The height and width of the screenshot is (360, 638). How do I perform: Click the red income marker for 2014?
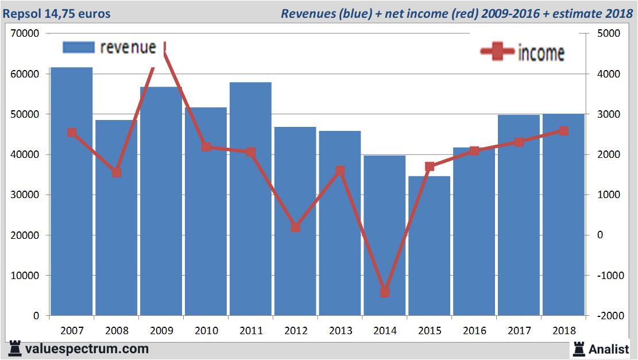(385, 292)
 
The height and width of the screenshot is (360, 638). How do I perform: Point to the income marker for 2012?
(295, 227)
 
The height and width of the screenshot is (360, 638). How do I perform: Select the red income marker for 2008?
(117, 172)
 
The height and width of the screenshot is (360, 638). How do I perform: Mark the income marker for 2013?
(340, 171)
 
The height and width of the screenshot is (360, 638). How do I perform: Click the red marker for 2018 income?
(563, 131)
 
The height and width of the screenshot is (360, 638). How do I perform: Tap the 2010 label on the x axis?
(206, 331)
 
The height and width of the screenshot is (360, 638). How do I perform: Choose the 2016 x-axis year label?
(474, 331)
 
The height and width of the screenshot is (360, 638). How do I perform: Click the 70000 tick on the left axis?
(25, 34)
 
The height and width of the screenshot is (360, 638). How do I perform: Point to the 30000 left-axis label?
(25, 195)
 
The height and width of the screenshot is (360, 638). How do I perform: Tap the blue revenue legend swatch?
(78, 47)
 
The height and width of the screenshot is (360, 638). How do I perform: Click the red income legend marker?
(497, 52)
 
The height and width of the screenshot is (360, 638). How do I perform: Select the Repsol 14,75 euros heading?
(57, 13)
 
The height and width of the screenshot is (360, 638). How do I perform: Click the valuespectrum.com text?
(87, 349)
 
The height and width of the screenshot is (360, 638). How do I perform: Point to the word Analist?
(609, 349)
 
